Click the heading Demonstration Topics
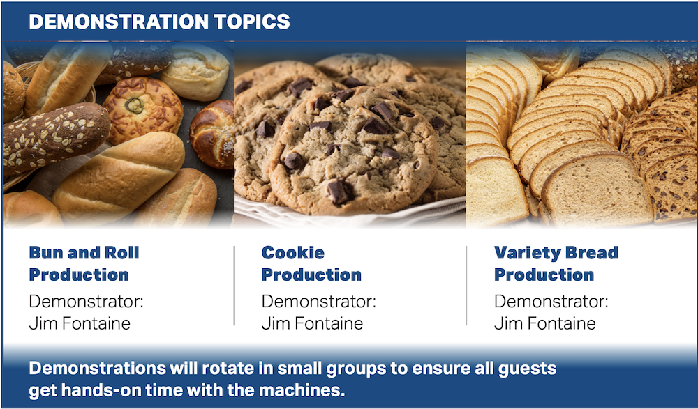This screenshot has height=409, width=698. point(159,22)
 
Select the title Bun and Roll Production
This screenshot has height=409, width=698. point(84,263)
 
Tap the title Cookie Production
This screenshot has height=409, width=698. point(311,263)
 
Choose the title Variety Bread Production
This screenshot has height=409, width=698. point(556,263)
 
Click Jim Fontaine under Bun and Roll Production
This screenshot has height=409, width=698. point(80,323)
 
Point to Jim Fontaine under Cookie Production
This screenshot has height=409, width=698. point(312,323)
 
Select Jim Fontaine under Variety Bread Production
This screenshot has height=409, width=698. point(545,323)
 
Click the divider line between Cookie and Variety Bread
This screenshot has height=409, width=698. point(466,286)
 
